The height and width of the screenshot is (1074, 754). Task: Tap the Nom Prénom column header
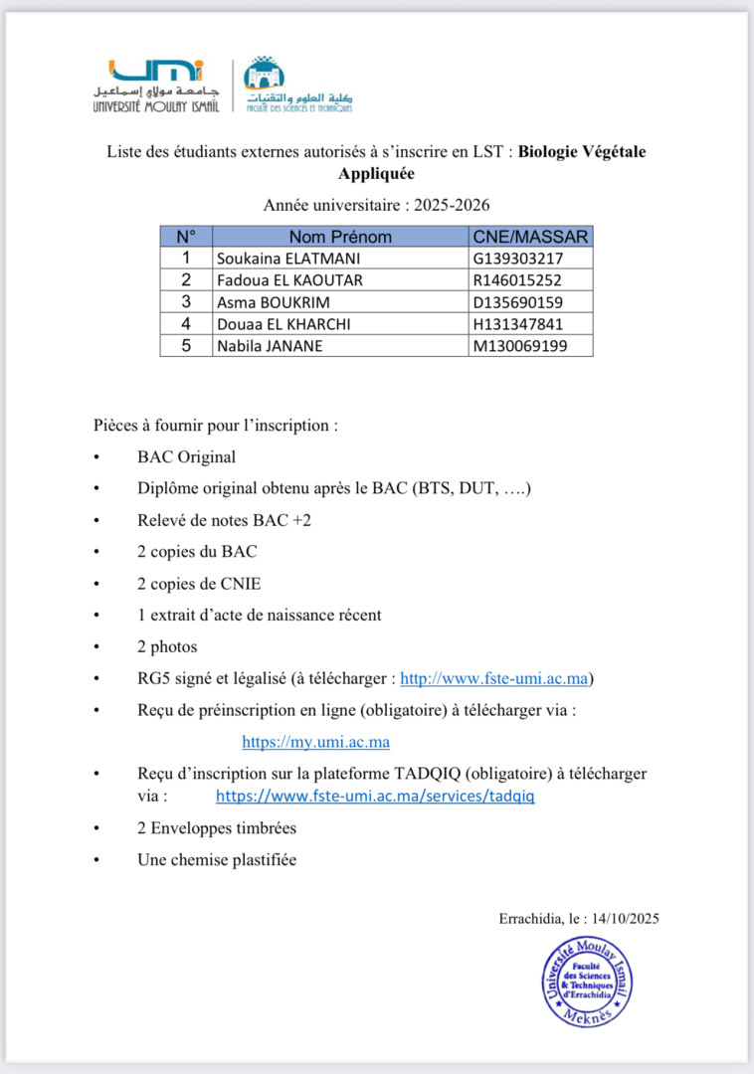point(340,237)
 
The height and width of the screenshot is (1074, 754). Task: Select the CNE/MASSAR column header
point(530,237)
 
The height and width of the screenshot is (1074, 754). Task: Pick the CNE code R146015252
point(517,280)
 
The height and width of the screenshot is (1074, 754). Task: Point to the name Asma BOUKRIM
point(274,302)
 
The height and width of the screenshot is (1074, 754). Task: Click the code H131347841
point(517,324)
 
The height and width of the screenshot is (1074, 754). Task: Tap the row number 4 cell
point(185,324)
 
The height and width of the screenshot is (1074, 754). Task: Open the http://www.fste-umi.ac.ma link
point(494,679)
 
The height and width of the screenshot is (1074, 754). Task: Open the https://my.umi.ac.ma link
point(315,742)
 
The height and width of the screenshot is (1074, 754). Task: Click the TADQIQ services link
point(375,797)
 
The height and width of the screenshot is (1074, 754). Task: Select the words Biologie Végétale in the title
point(582,152)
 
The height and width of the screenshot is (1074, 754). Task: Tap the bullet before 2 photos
point(96,647)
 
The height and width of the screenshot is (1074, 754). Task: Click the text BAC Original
point(187,457)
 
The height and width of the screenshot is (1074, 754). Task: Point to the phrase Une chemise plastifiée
point(217,860)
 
